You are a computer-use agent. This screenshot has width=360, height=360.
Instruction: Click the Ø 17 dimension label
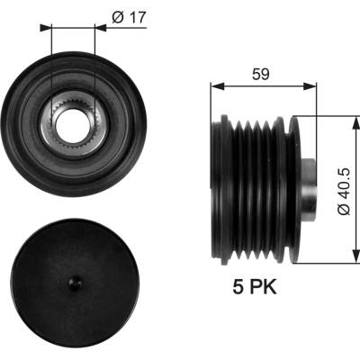click(x=129, y=17)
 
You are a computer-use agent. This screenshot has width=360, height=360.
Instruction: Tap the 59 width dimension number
click(x=261, y=74)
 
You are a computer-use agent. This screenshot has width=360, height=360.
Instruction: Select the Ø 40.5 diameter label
click(x=344, y=191)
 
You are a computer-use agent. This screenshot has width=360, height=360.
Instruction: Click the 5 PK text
click(x=255, y=287)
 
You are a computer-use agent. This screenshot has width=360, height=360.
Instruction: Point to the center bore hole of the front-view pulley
click(x=74, y=126)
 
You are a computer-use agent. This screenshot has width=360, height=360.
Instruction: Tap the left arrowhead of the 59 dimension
click(x=218, y=86)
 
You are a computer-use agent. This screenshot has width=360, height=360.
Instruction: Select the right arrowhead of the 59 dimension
click(x=310, y=86)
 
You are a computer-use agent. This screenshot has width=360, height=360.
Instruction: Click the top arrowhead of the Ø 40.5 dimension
click(x=355, y=123)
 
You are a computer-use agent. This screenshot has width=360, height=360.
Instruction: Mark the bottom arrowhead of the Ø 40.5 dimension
click(x=355, y=256)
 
